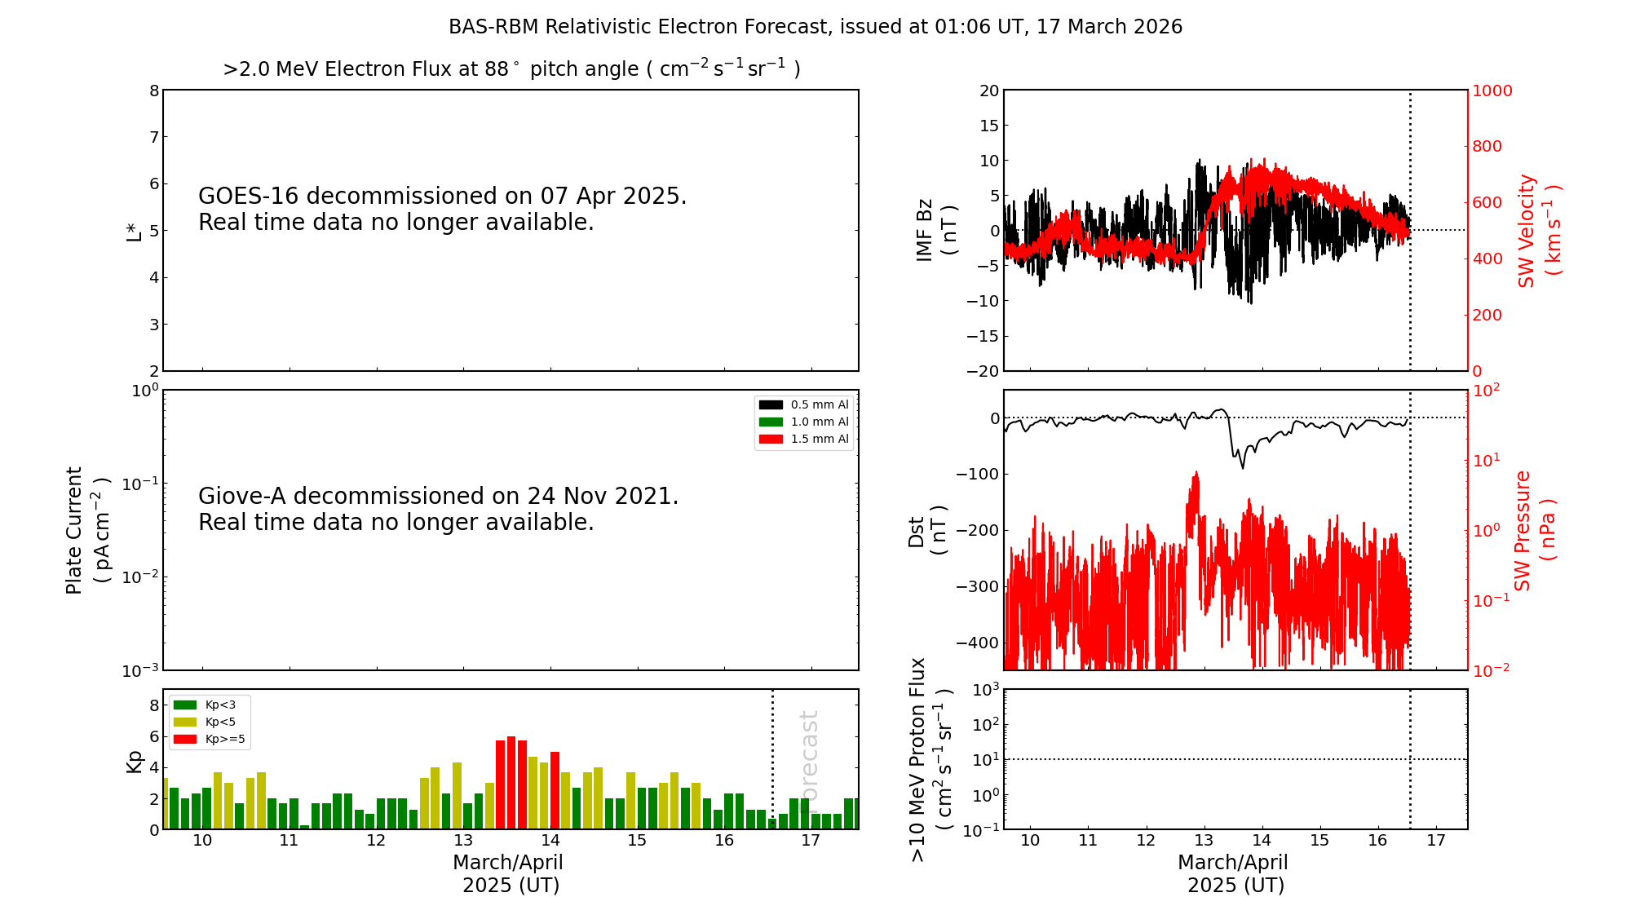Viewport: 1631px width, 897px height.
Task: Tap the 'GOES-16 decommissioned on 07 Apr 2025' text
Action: point(442,197)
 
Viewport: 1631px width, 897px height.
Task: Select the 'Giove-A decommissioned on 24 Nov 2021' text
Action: point(438,497)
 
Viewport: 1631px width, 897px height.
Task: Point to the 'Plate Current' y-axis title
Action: point(74,530)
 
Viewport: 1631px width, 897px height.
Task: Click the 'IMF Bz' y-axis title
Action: point(925,230)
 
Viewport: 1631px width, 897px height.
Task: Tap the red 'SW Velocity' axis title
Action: point(1527,230)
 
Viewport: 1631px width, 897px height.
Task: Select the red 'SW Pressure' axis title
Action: point(1523,530)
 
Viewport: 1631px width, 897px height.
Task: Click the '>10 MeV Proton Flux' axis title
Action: point(918,759)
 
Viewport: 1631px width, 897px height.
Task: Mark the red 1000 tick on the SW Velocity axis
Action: point(1492,91)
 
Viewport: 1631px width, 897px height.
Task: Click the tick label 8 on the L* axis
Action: point(154,91)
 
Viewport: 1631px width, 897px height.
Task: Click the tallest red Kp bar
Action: point(511,783)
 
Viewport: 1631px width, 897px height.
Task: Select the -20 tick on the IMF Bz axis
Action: point(983,371)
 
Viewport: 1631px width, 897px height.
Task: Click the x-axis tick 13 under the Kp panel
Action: point(463,841)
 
